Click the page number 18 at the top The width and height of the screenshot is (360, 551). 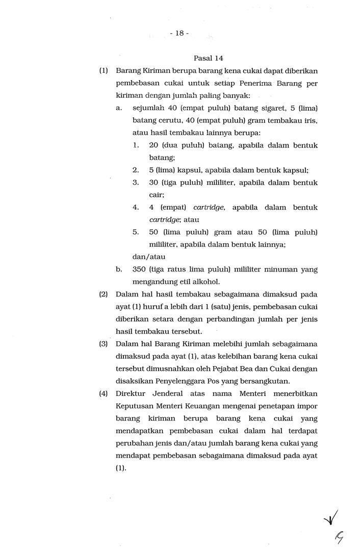tap(179, 33)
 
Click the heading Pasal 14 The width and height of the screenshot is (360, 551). tap(209, 58)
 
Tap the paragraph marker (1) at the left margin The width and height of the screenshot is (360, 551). tap(102, 70)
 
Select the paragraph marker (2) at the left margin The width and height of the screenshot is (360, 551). tap(102, 294)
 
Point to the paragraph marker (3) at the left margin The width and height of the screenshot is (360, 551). tap(102, 344)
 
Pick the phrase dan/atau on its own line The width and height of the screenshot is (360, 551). tap(148, 257)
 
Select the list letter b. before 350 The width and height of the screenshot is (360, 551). tap(119, 269)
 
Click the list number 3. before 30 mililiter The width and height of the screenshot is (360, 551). tap(136, 183)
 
